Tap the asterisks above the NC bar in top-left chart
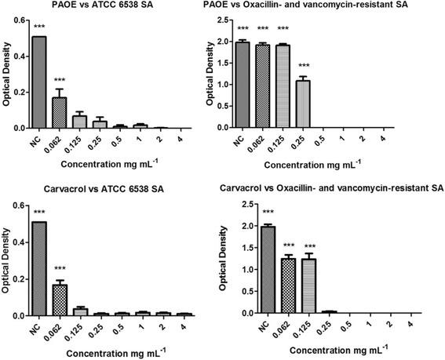(x=38, y=29)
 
